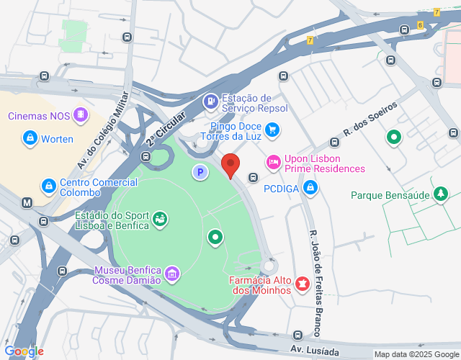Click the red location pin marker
[x=230, y=165]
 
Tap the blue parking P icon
[x=200, y=172]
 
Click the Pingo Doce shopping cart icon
[x=272, y=130]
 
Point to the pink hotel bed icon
[x=273, y=163]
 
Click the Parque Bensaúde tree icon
[x=440, y=194]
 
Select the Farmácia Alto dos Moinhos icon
[x=303, y=284]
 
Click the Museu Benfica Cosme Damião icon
[x=172, y=274]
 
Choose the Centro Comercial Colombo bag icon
[x=48, y=186]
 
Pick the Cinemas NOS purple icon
[x=81, y=115]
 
